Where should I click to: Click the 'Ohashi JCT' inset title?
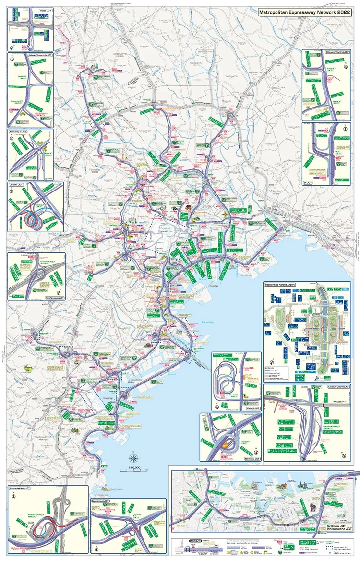click(18, 184)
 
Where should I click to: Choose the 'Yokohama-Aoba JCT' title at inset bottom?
click(56, 298)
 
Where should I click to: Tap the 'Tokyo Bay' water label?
click(206, 323)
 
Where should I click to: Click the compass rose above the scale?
click(134, 458)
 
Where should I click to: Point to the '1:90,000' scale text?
click(134, 467)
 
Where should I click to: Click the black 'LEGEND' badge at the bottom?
click(195, 541)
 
